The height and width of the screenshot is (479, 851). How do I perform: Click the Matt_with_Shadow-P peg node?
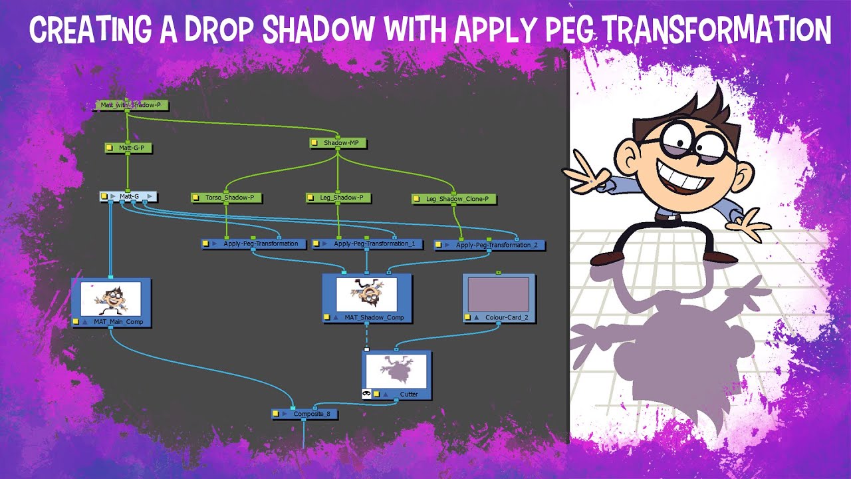[131, 105]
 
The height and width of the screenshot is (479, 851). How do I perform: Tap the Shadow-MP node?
[338, 142]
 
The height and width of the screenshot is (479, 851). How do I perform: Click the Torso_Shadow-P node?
[227, 198]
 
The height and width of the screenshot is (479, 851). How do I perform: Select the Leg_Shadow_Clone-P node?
[453, 199]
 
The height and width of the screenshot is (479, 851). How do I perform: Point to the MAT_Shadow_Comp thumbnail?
[366, 294]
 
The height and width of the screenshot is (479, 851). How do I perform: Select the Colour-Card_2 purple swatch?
[498, 295]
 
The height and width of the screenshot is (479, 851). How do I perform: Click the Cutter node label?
[409, 394]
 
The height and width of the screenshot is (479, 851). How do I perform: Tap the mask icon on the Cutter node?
[366, 394]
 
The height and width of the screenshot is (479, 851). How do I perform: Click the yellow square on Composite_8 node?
[276, 414]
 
